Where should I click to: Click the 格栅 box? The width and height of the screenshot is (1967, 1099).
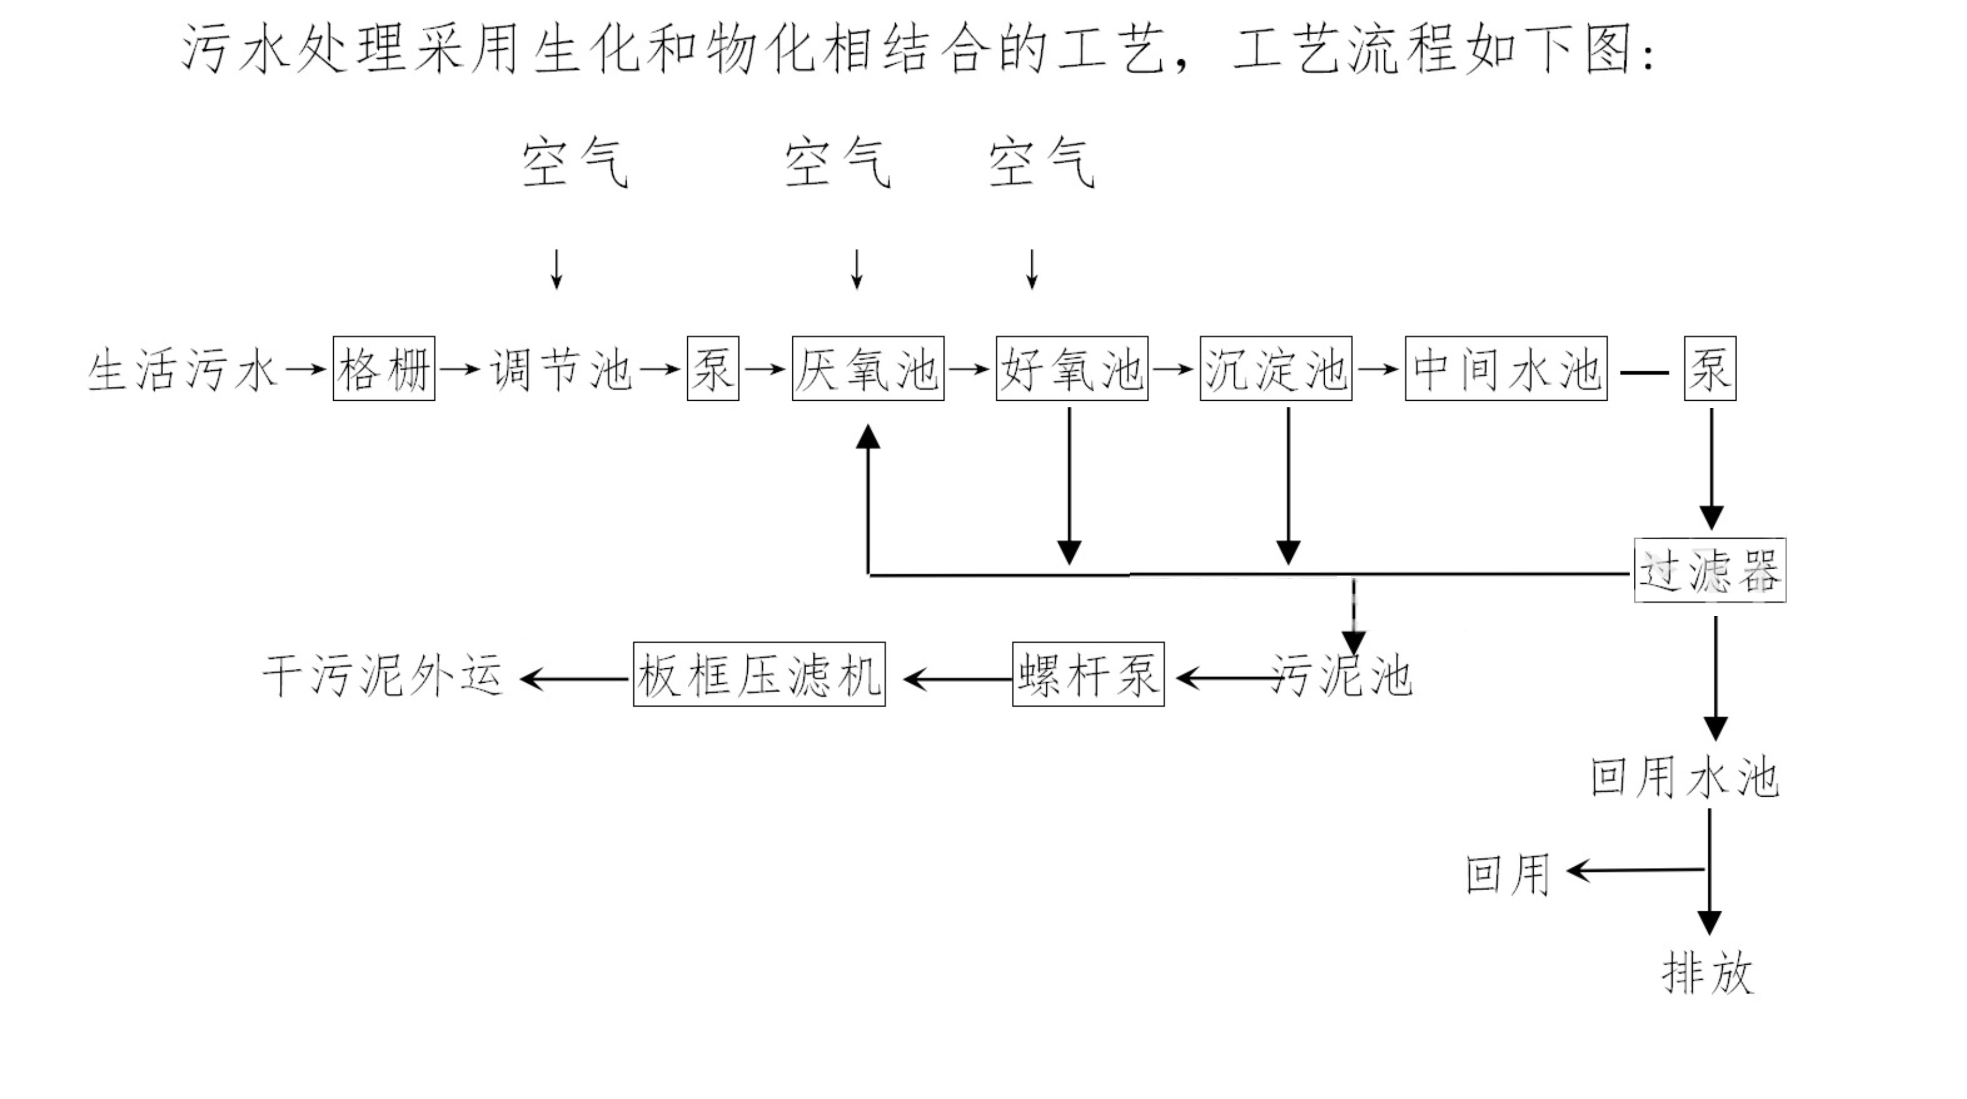(x=384, y=368)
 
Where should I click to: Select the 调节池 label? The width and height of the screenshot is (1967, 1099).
(x=561, y=370)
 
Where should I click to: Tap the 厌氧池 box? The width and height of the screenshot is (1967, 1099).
(x=867, y=368)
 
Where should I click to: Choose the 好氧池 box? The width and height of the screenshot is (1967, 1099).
(x=1071, y=368)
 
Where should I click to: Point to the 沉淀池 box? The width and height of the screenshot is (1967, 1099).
(x=1275, y=368)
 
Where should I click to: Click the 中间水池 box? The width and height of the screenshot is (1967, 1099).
(x=1506, y=368)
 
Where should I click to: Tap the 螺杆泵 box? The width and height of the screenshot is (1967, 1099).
(x=1088, y=675)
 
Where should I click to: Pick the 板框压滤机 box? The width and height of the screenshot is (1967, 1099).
(x=759, y=675)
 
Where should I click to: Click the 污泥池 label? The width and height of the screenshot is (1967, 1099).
(x=1342, y=676)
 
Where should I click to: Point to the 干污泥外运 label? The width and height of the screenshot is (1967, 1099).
(x=382, y=676)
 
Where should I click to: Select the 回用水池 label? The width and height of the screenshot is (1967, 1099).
(x=1684, y=779)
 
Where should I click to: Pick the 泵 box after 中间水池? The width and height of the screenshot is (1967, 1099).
(x=1709, y=368)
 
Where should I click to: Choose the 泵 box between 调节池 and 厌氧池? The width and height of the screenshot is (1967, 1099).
(x=712, y=368)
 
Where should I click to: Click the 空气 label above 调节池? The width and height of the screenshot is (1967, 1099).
(x=575, y=163)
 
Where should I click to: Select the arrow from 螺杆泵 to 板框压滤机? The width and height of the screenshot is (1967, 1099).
(x=957, y=678)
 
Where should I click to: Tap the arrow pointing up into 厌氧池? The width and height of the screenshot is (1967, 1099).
(x=868, y=496)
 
